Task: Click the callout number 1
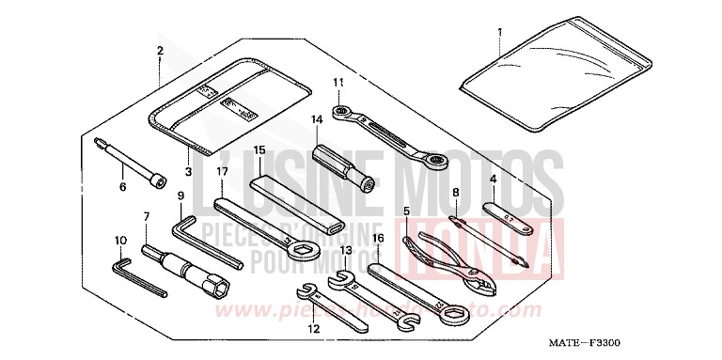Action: pos(499,32)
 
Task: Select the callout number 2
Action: pos(160,50)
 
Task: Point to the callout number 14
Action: pos(317,119)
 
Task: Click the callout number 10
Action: pos(119,241)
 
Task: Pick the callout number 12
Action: pos(312,329)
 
